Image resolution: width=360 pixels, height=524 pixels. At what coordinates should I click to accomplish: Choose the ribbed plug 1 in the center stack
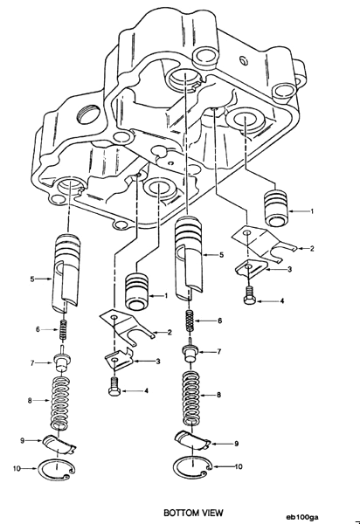136,291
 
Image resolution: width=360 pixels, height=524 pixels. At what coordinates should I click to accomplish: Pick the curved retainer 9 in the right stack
193,442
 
